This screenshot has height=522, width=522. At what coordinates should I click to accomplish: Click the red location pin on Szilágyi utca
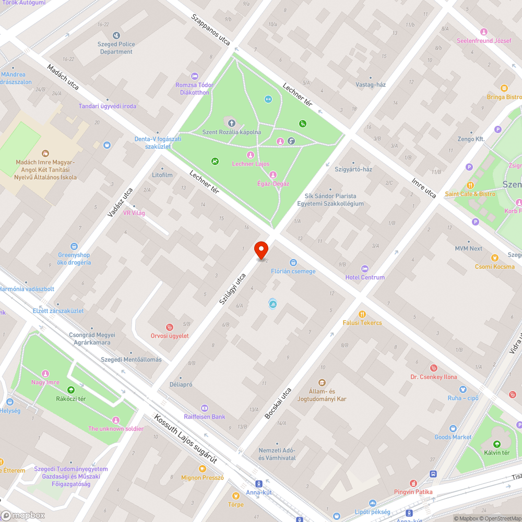(261, 251)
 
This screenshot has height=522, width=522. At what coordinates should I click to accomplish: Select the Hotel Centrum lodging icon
(365, 268)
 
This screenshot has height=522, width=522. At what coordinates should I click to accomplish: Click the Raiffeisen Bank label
(205, 417)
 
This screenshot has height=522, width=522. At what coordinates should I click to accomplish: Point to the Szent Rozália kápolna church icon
(231, 123)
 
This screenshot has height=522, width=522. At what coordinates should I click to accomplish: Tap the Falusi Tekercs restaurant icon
(362, 314)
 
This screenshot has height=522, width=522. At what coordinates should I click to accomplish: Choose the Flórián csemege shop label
(293, 271)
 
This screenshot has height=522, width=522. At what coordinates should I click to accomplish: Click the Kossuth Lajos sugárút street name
(185, 440)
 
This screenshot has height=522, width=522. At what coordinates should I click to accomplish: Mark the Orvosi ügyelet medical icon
(169, 327)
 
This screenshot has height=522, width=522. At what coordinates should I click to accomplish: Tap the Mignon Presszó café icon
(202, 468)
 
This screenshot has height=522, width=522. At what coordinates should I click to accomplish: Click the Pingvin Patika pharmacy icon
(413, 483)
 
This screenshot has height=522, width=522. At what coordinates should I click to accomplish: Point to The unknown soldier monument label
(115, 429)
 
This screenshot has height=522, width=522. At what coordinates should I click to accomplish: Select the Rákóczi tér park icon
(71, 390)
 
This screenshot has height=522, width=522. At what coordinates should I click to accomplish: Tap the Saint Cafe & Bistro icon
(470, 185)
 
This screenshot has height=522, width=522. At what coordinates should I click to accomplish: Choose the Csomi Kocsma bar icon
(495, 257)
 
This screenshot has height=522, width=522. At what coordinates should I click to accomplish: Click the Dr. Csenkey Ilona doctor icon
(433, 368)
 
